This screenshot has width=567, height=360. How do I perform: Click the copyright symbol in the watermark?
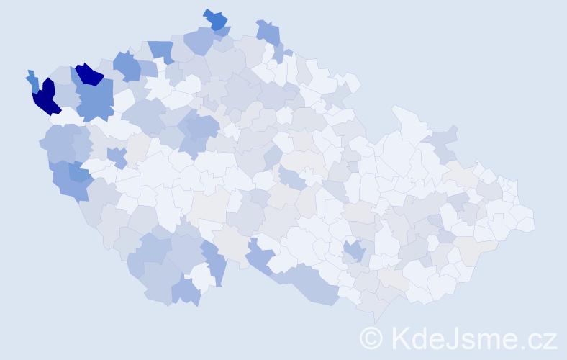(371, 338)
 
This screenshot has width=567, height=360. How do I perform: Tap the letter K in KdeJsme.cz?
(399, 337)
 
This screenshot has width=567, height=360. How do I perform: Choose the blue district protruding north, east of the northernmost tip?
(268, 32)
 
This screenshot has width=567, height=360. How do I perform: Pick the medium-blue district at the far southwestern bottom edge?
(186, 291)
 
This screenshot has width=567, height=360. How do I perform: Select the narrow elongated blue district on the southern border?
(215, 262)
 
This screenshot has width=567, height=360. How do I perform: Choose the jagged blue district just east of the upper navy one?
(127, 66)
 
